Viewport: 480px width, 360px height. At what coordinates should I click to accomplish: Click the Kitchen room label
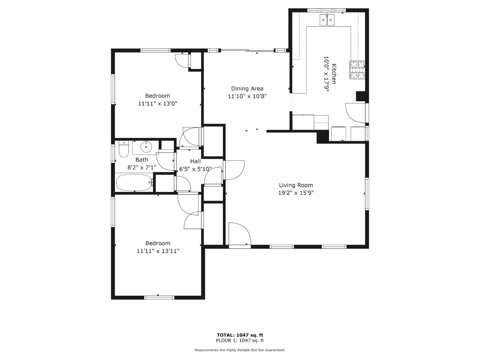[334, 74]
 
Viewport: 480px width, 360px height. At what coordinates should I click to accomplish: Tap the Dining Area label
[247, 89]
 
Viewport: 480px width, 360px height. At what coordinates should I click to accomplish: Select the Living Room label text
[296, 185]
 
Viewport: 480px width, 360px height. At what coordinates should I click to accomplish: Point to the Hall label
[195, 161]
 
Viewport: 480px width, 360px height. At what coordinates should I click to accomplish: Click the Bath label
[142, 160]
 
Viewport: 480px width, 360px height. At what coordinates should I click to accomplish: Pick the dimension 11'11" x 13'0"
[157, 103]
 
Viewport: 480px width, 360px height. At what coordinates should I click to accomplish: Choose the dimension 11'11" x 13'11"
[158, 251]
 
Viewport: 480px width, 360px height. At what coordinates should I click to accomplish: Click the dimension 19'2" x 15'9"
[296, 193]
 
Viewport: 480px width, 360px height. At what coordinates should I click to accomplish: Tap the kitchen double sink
[327, 20]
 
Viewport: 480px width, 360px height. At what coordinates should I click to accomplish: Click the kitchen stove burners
[357, 70]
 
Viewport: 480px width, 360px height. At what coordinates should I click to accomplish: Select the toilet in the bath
[124, 149]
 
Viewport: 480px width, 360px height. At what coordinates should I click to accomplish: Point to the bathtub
[134, 182]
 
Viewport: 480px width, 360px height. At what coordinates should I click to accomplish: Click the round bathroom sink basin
[146, 146]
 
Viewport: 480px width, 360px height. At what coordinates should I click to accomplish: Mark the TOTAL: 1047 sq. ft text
[240, 335]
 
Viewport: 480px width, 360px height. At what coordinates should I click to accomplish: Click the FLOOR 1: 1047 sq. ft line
[240, 340]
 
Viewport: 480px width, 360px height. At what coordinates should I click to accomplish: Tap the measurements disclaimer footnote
[240, 350]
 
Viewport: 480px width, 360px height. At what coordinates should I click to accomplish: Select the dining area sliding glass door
[247, 50]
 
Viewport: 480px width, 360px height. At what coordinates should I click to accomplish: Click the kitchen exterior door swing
[356, 113]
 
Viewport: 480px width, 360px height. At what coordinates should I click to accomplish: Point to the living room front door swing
[240, 234]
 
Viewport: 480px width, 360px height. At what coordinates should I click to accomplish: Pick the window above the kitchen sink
[326, 10]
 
